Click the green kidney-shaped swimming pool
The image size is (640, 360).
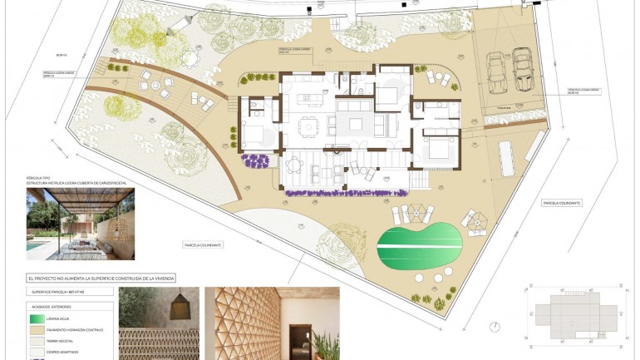click(419, 244)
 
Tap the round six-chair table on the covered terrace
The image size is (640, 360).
click(294, 165)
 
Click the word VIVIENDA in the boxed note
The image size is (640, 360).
click(163, 278)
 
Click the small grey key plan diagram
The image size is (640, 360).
click(574, 316)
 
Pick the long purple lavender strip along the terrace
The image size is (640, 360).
click(348, 193)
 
